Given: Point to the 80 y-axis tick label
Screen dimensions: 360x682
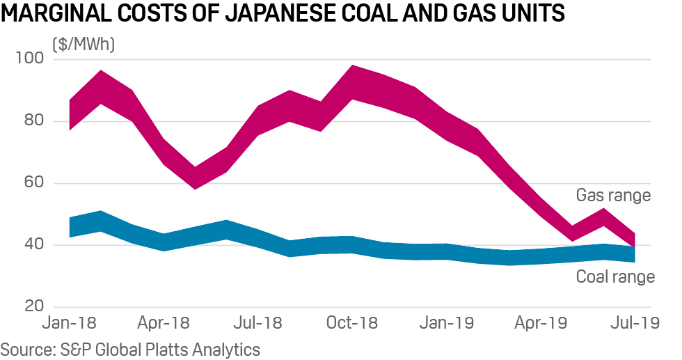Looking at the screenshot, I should pyautogui.click(x=32, y=121).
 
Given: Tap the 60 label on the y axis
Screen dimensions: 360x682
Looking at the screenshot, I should pyautogui.click(x=32, y=183).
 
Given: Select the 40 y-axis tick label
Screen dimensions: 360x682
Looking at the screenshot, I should pyautogui.click(x=32, y=245).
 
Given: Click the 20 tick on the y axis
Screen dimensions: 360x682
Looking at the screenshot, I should pyautogui.click(x=32, y=307).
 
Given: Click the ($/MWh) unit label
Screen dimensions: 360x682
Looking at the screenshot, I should pyautogui.click(x=84, y=45).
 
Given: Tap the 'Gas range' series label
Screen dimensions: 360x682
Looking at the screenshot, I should pyautogui.click(x=613, y=195).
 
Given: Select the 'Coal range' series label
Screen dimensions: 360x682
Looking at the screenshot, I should pyautogui.click(x=615, y=277).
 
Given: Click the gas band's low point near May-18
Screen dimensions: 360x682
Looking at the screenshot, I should pyautogui.click(x=196, y=178).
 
